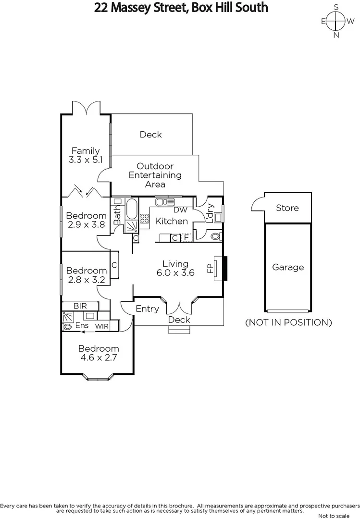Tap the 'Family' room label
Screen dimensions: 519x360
click(86, 151)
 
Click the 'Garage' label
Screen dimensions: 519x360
click(288, 267)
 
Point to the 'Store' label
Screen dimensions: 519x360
click(287, 208)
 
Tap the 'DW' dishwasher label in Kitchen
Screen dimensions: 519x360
click(180, 210)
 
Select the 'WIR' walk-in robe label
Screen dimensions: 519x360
click(101, 326)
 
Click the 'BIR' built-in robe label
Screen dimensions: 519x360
click(80, 306)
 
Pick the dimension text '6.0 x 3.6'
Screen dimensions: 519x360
click(175, 273)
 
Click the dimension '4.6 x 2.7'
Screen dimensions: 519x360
click(98, 358)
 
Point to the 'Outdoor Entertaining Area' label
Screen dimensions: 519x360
click(155, 175)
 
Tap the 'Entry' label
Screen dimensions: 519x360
click(147, 309)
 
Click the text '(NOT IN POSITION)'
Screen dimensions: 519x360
click(288, 322)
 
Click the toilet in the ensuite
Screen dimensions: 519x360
click(67, 326)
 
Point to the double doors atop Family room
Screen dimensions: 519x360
click(86, 108)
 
